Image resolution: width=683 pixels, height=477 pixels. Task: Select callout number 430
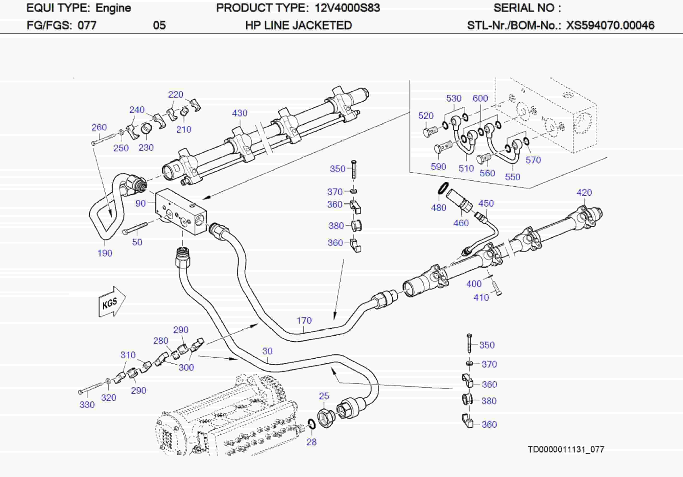240,113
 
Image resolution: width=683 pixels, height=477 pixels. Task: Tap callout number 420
584,192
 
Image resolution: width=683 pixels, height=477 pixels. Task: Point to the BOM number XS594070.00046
610,25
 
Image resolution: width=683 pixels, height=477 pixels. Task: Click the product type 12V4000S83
347,8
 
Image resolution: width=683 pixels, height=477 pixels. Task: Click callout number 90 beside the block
140,203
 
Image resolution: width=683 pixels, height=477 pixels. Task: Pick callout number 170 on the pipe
304,320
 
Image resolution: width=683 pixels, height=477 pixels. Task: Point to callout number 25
324,396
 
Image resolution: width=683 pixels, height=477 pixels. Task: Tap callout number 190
105,253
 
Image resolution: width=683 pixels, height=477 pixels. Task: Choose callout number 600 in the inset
480,98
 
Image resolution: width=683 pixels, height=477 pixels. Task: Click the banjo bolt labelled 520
431,131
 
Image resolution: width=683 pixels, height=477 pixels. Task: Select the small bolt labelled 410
497,288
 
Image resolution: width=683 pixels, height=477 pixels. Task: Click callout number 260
99,127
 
